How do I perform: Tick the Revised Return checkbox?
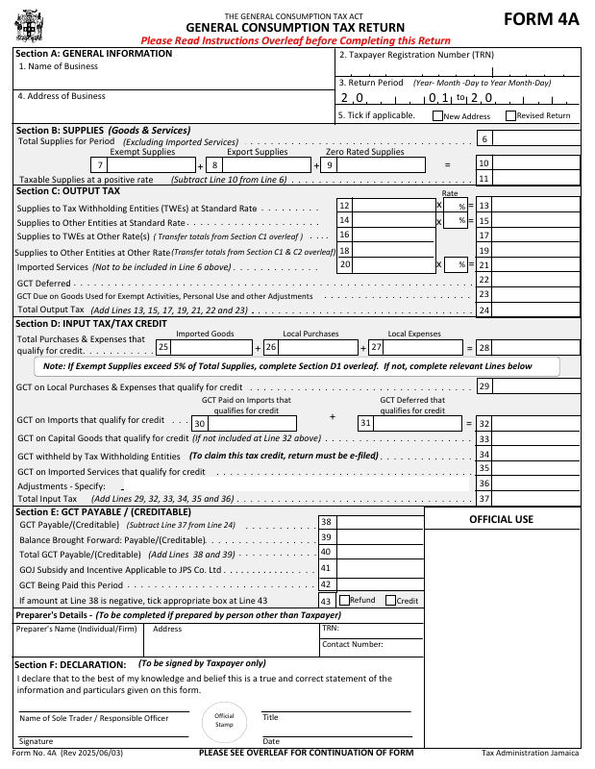coord(510,116)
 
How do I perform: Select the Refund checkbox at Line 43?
coord(344,601)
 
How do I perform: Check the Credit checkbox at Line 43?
coord(390,601)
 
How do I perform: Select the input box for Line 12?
coord(393,206)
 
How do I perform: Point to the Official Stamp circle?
coord(224,720)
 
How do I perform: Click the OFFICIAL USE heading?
coord(501,520)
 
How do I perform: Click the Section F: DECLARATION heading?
coord(70,664)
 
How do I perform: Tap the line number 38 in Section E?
coord(326,522)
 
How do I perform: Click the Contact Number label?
coord(353,644)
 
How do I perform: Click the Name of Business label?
coord(59,66)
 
